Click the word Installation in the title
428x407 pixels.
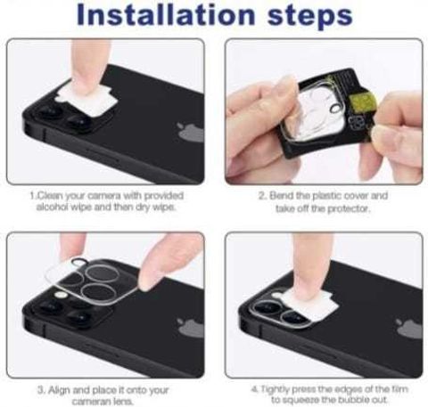[166, 14]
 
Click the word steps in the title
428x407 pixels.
[310, 16]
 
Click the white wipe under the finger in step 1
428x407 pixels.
[86, 98]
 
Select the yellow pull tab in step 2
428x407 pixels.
[363, 104]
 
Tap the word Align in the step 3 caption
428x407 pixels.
[59, 389]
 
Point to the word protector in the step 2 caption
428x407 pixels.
[349, 209]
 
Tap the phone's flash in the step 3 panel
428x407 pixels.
[61, 296]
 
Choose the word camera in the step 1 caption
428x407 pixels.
[100, 196]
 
